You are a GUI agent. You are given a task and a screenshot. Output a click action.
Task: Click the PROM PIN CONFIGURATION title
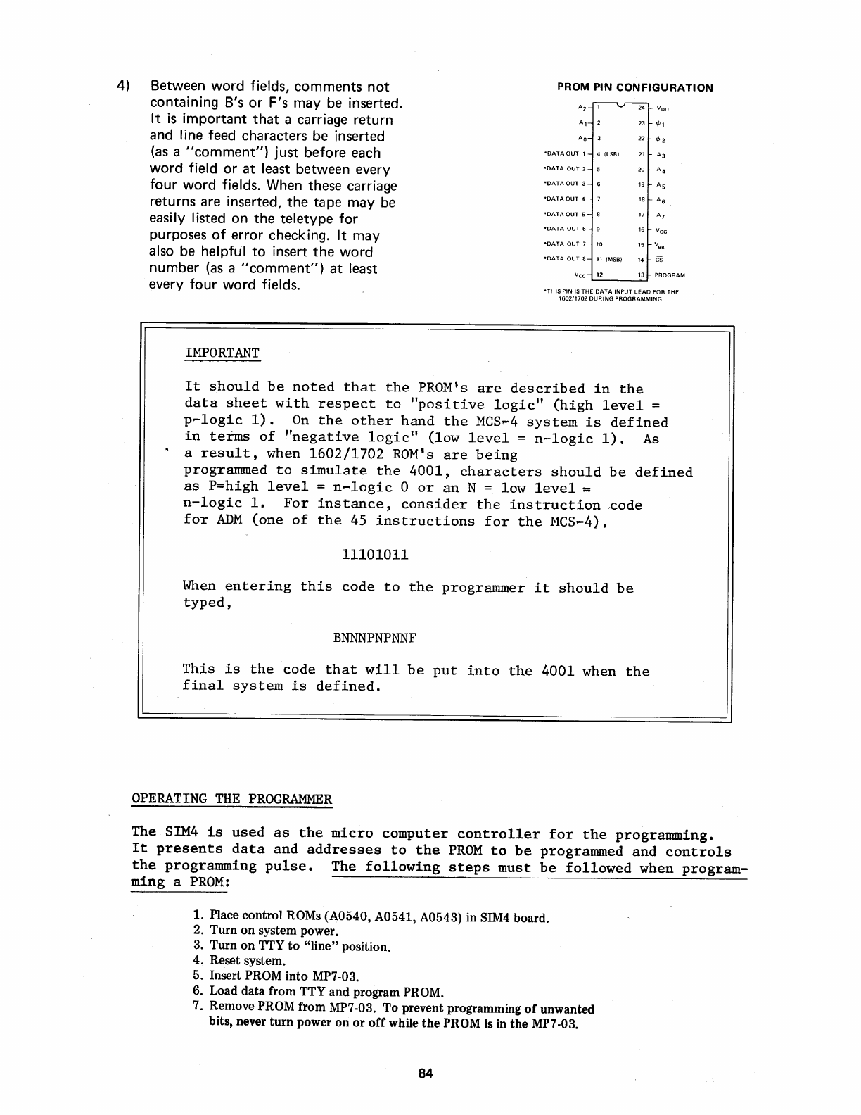pos(634,88)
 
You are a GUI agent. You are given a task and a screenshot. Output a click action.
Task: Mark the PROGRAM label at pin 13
pos(670,275)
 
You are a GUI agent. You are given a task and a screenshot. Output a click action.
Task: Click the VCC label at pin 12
pos(580,275)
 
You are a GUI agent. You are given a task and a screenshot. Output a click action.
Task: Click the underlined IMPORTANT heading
pos(222,353)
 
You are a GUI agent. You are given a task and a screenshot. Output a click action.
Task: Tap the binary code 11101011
pos(375,555)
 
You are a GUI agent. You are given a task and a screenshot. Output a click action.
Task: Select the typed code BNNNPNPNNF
pos(376,638)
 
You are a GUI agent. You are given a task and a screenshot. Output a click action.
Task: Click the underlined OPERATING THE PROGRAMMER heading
pos(231,799)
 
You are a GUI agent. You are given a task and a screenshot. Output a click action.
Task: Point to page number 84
pos(425,1073)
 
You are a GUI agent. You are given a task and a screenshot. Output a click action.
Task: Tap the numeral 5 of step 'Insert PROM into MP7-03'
pos(198,976)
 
